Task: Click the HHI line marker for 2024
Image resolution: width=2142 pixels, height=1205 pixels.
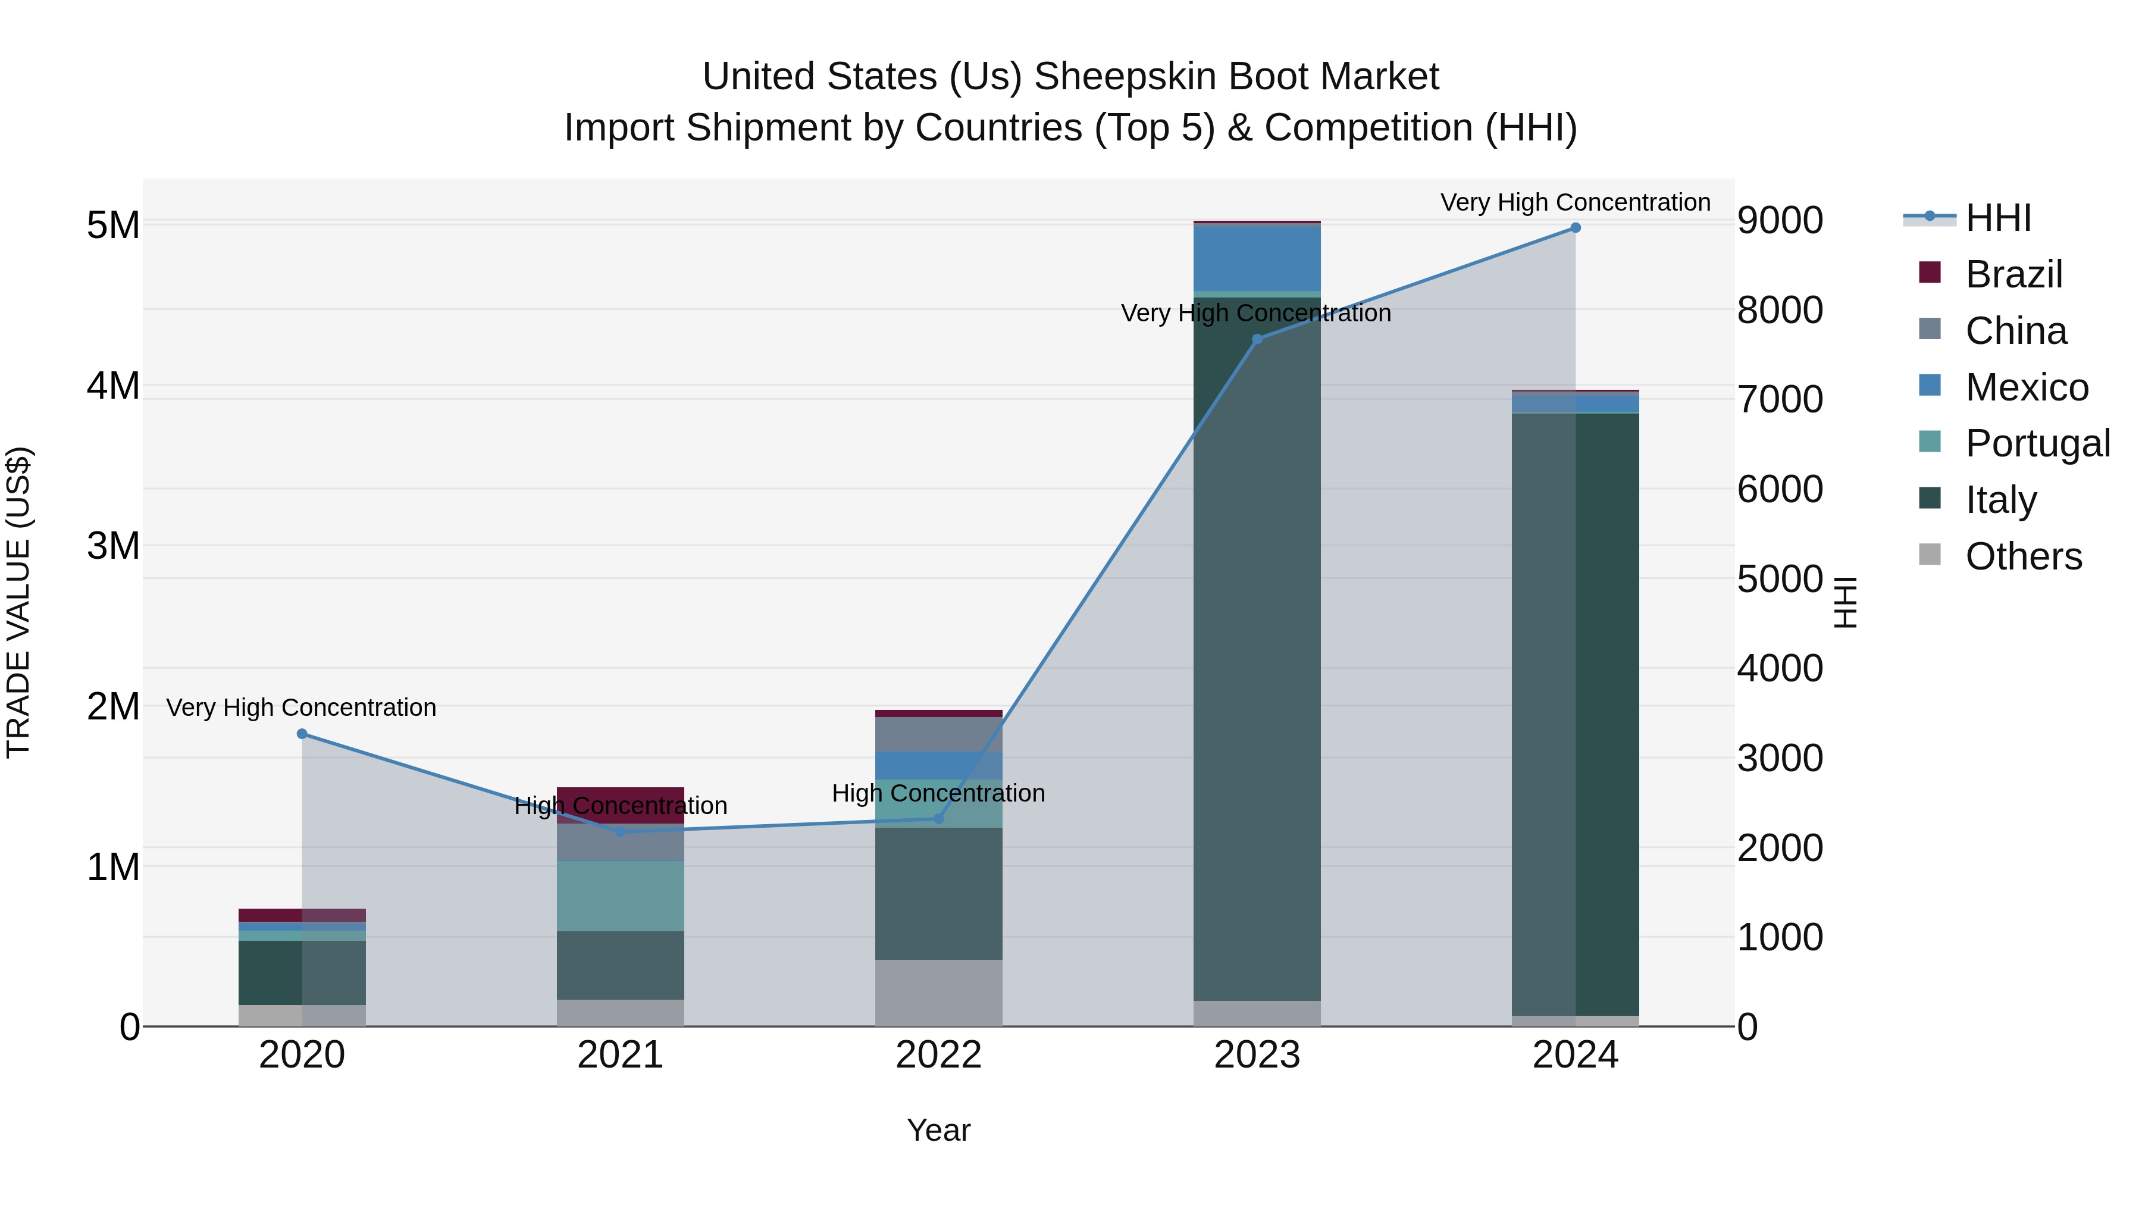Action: (1575, 228)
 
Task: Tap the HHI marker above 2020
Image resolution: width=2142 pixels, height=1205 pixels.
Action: (302, 734)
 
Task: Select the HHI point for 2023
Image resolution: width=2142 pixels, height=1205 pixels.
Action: (1257, 339)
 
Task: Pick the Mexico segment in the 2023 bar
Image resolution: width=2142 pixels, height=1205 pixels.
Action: (1257, 258)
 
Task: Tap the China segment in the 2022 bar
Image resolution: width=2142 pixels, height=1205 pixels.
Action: (939, 734)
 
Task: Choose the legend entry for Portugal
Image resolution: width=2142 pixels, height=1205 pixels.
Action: (2037, 443)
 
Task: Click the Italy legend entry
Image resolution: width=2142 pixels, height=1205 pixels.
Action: (2000, 500)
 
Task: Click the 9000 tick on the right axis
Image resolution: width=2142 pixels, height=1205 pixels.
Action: (1780, 221)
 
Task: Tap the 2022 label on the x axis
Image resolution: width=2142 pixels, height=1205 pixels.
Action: (939, 1055)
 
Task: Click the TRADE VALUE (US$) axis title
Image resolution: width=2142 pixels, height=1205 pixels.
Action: (19, 602)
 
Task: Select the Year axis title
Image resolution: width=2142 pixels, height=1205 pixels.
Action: (939, 1130)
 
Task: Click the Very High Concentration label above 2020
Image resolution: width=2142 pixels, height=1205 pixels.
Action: (301, 708)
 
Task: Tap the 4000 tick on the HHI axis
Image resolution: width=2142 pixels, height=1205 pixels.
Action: (1780, 669)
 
